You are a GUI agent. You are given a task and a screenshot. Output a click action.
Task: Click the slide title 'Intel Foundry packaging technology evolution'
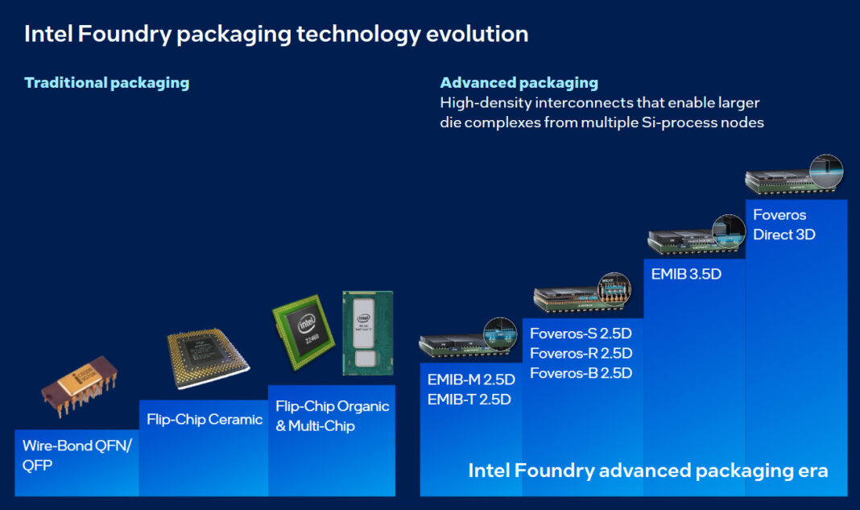tap(276, 34)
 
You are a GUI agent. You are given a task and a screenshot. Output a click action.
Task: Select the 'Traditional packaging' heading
tap(107, 82)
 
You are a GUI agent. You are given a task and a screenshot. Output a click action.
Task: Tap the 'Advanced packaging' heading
tap(519, 82)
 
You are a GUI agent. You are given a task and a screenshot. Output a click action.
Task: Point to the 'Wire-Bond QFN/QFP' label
tap(76, 455)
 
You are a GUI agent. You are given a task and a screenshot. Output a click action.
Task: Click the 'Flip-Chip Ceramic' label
tap(205, 419)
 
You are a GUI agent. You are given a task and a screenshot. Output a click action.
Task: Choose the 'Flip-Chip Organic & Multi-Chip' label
tap(332, 416)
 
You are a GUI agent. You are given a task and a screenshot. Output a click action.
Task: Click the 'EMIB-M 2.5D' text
tap(471, 379)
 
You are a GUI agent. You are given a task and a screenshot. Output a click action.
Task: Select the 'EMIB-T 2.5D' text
tap(469, 399)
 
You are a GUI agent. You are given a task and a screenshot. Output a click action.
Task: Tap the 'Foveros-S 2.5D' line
tap(581, 333)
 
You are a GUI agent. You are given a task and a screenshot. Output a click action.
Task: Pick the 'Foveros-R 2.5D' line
tap(581, 353)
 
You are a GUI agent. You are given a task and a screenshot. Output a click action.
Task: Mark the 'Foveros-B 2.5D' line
tap(581, 373)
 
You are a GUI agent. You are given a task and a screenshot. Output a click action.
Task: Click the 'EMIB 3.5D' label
tap(686, 273)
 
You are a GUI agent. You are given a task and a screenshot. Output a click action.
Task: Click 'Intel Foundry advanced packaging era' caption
tap(648, 471)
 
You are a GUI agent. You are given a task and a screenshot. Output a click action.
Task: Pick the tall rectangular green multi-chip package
tap(367, 332)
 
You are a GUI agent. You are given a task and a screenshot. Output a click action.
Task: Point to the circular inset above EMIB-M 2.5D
tap(500, 335)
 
